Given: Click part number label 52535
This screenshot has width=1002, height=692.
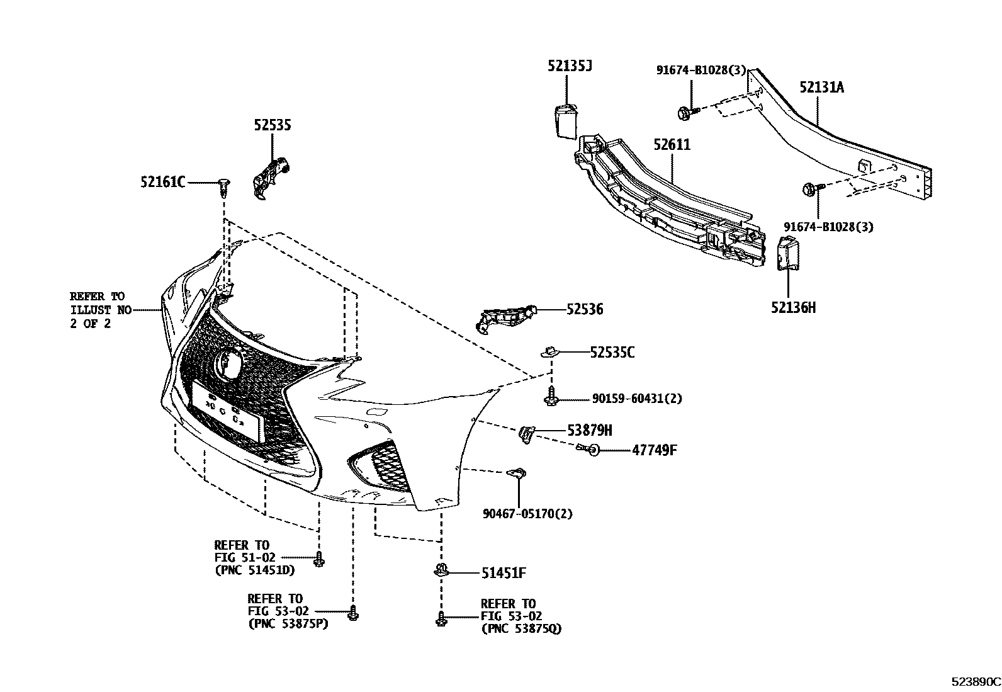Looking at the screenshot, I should [x=273, y=125].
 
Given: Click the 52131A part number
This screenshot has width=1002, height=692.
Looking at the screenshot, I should [x=821, y=87].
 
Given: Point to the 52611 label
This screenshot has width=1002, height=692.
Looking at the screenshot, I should [x=672, y=145].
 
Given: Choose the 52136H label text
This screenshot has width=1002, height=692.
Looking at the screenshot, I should [x=793, y=307].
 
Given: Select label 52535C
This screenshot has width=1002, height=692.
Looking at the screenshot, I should [x=612, y=353].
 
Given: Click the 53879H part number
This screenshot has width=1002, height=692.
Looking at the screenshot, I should [x=589, y=431].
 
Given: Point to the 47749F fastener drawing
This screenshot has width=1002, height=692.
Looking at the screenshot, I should [x=588, y=449].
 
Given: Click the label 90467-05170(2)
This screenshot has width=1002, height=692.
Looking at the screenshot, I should [x=528, y=514].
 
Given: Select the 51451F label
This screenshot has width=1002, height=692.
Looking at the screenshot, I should [x=504, y=573].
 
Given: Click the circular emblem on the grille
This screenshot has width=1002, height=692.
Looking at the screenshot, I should [x=227, y=364].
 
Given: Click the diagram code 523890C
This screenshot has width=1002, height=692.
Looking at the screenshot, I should [x=975, y=682].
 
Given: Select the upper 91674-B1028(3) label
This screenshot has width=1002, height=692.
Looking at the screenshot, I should [x=701, y=71].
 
